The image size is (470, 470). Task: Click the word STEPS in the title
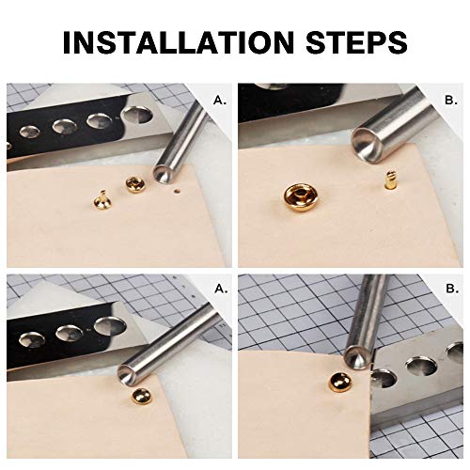pyautogui.click(x=353, y=43)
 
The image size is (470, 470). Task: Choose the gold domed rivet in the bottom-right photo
pyautogui.click(x=337, y=384)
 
